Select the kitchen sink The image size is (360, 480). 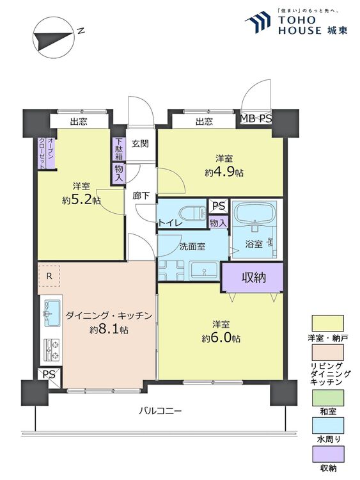[52, 313]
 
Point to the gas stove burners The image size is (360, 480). [52, 350]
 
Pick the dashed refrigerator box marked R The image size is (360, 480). [49, 276]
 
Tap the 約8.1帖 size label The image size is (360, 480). [109, 330]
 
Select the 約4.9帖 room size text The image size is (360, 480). [224, 172]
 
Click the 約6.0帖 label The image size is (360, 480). [221, 338]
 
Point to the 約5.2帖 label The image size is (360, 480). [81, 200]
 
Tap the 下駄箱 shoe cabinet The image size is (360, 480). [119, 149]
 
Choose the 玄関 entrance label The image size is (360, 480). [141, 143]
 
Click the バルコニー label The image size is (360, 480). [160, 410]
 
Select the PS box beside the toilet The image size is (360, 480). [219, 205]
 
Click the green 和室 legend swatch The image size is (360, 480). [327, 397]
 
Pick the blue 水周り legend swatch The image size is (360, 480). [327, 426]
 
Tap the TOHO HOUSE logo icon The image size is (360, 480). [258, 22]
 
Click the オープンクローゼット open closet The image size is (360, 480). [47, 153]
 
